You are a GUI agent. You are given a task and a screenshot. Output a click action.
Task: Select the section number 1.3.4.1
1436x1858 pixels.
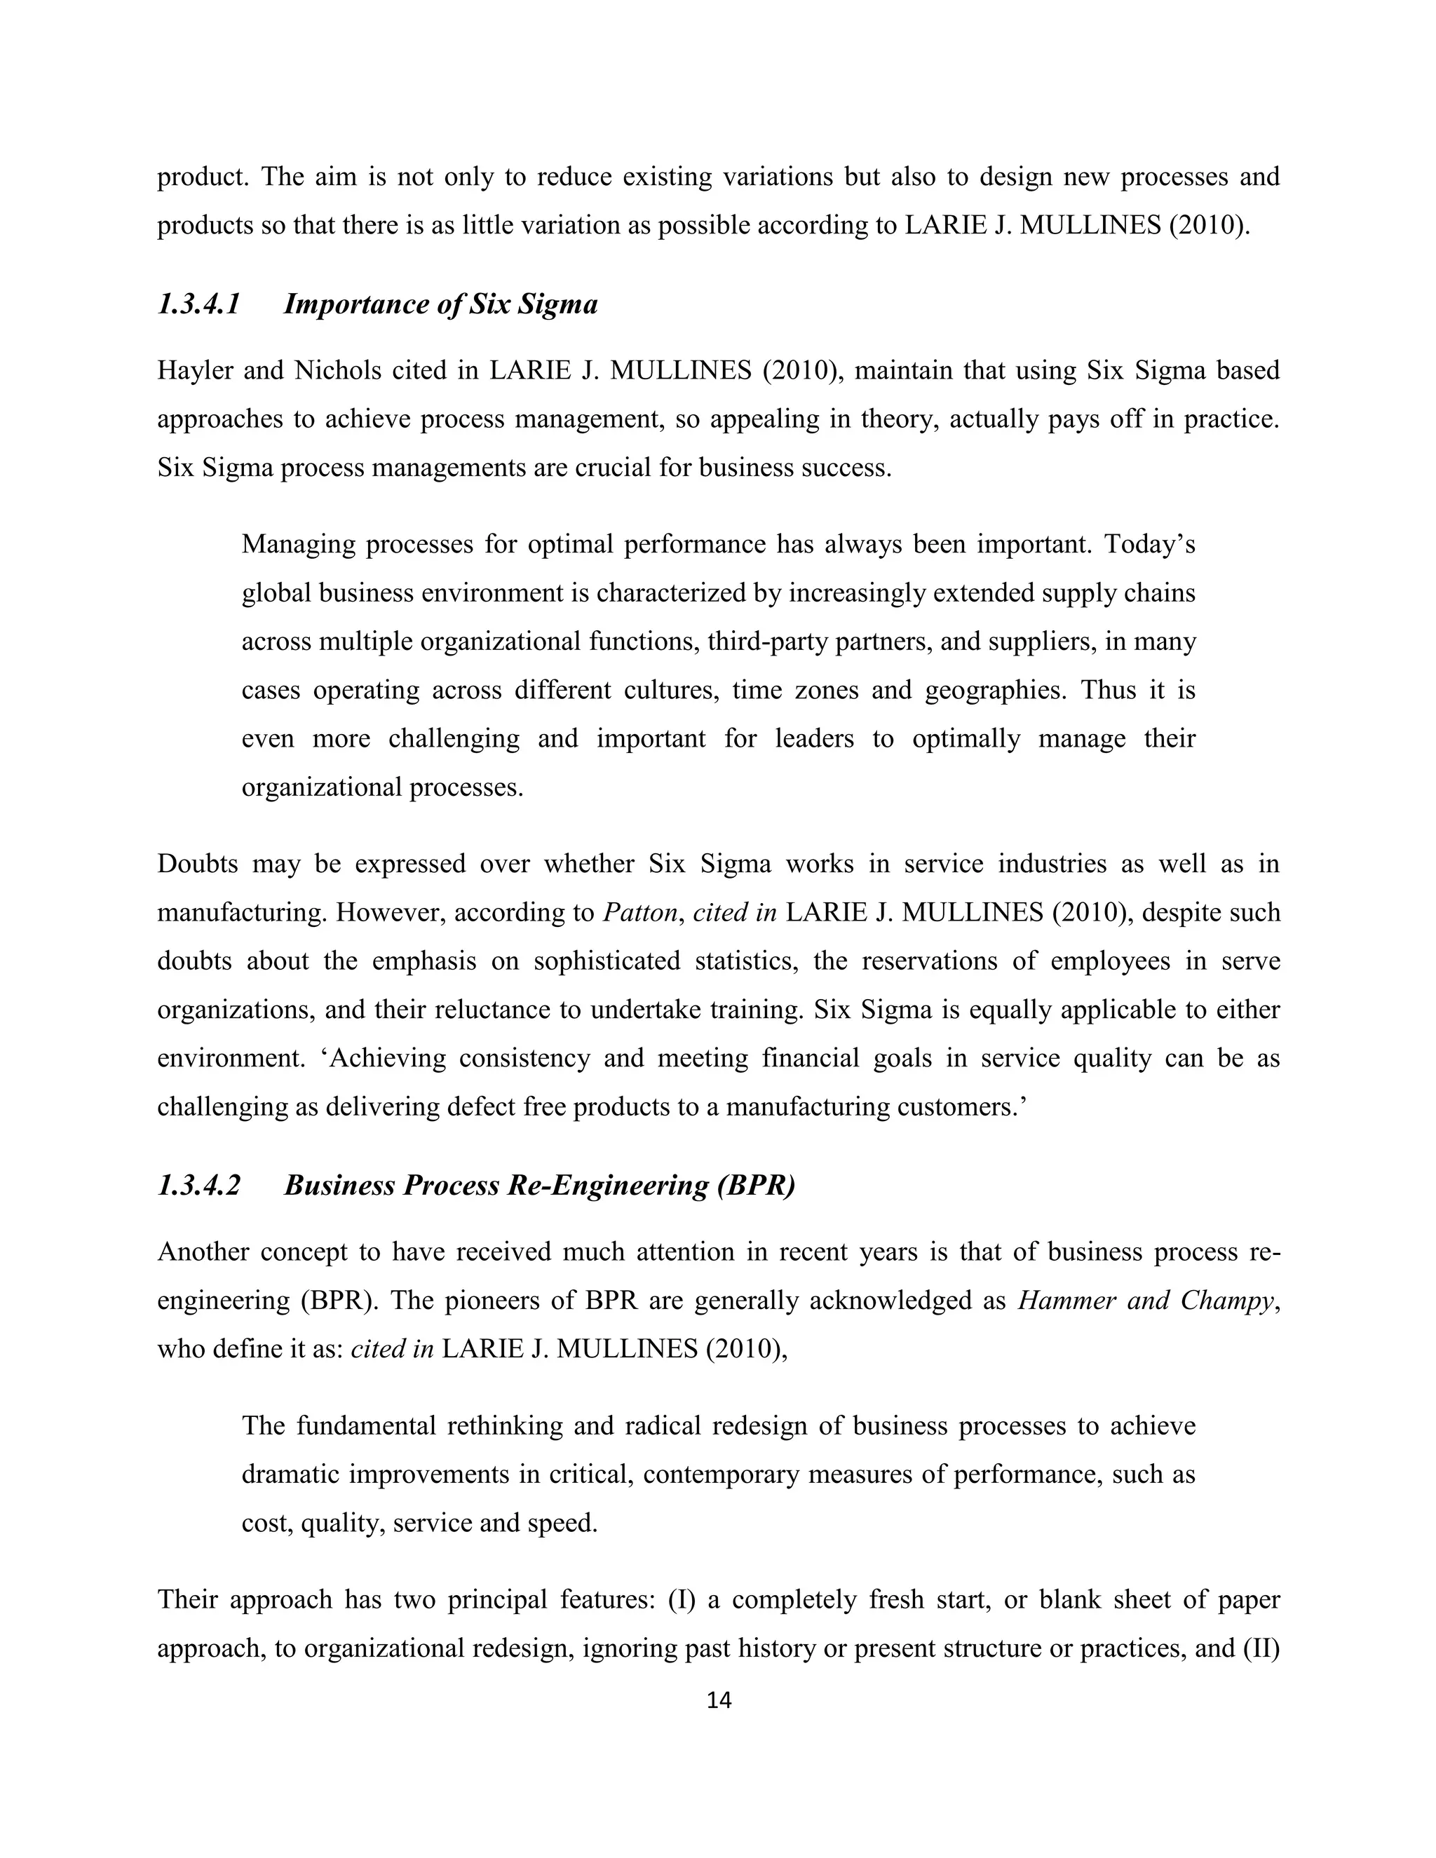199,304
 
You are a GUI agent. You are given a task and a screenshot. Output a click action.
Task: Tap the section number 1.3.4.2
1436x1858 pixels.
199,1185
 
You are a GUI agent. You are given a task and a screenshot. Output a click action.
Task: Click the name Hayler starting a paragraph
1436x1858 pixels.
192,371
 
